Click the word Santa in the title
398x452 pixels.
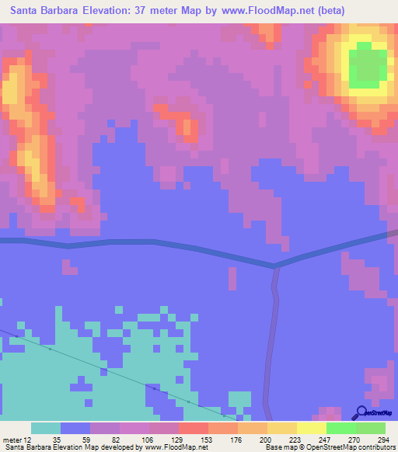tap(28, 11)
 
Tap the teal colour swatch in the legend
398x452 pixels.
tap(46, 428)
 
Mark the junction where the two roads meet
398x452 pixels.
tap(275, 266)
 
